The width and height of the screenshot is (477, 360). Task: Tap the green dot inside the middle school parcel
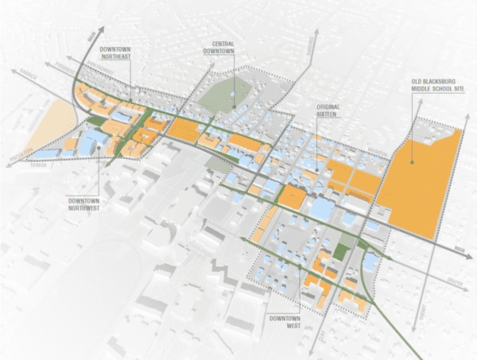click(x=412, y=163)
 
